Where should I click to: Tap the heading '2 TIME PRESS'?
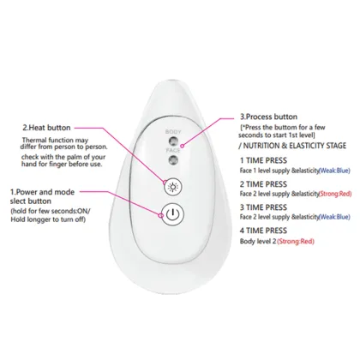pos(266,207)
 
